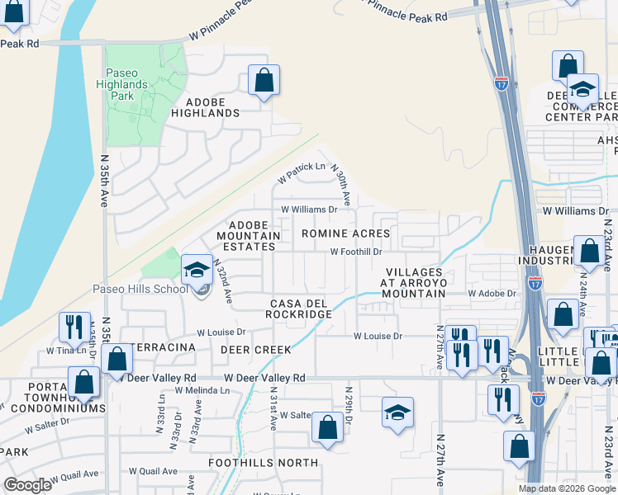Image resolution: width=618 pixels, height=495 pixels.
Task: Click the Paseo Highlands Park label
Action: coord(127,84)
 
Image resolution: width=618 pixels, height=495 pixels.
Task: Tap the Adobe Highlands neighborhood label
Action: coord(205,112)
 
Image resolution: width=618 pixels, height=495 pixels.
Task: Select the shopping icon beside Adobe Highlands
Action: coord(264,81)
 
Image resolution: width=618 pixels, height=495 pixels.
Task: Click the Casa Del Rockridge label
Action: coord(298,309)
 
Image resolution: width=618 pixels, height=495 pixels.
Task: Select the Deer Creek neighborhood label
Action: coord(255,350)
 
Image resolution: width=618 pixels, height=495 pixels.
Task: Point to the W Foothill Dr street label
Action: coord(356,252)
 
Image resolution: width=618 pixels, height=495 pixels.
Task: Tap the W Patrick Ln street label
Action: coord(301,172)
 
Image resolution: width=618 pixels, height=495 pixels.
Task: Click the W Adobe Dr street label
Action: coord(492,293)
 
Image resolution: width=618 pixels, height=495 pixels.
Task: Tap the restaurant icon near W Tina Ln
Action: coord(71,328)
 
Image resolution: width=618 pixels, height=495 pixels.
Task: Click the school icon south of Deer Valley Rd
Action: coord(397,412)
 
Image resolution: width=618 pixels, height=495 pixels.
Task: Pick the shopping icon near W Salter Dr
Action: coord(327,427)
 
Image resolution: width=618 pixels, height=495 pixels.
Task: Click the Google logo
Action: coord(28,485)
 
